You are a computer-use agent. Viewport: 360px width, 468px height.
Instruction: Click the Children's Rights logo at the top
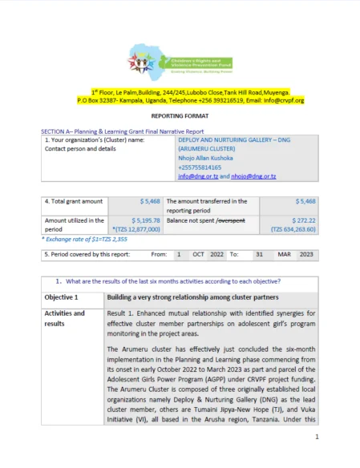pos(180,59)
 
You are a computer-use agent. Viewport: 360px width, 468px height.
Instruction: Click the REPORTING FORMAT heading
pos(180,115)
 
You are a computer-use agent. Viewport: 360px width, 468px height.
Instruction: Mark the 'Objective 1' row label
pos(61,297)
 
